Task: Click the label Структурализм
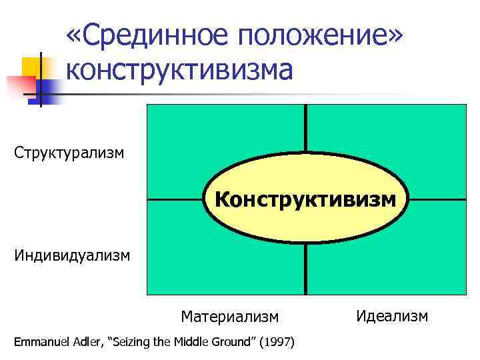click(x=69, y=153)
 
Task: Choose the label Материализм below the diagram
click(x=229, y=315)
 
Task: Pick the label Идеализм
click(x=392, y=315)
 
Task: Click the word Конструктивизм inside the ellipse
click(x=305, y=199)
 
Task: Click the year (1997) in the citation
click(x=278, y=343)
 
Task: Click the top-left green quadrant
click(x=200, y=140)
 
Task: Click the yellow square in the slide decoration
click(x=31, y=67)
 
